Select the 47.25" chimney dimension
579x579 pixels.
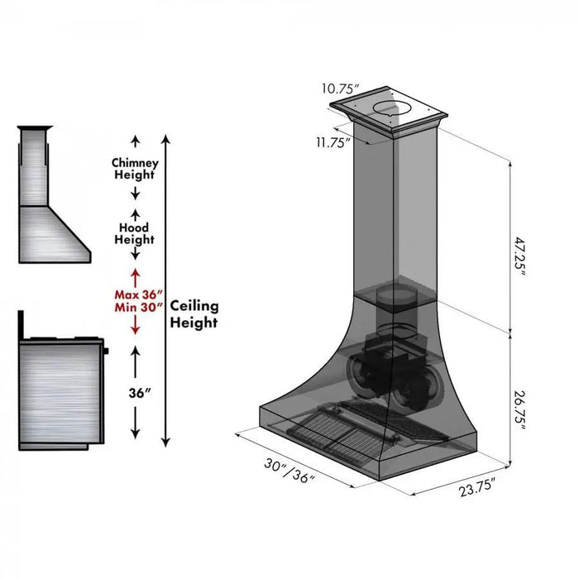coord(519,256)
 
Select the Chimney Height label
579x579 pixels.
coord(134,168)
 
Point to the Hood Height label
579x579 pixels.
coord(134,232)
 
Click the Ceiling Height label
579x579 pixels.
coord(194,313)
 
